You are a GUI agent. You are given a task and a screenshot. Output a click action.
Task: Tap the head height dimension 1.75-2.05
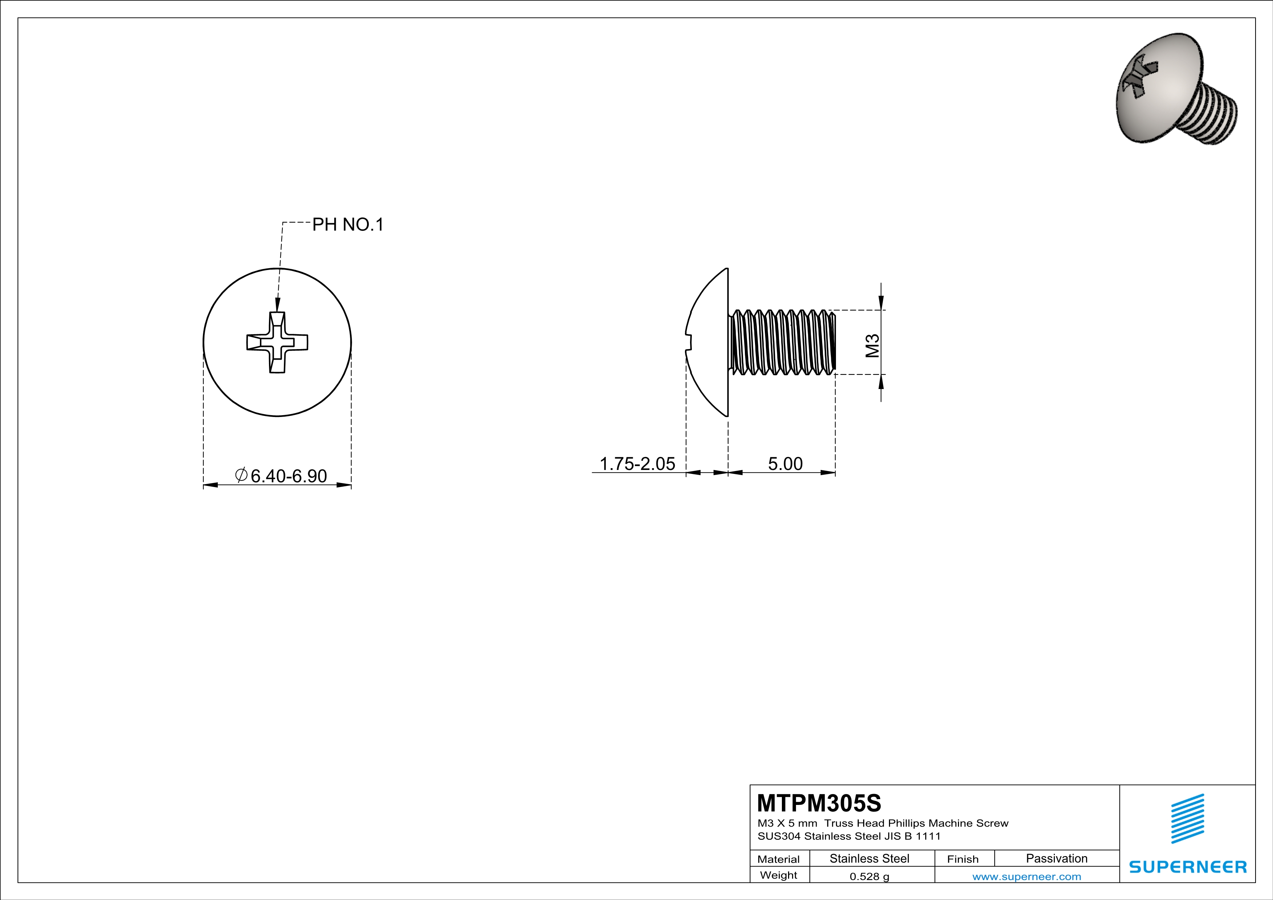click(638, 463)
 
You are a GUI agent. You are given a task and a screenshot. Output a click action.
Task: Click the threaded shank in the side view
click(783, 342)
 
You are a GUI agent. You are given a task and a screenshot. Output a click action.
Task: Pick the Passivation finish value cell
click(1056, 858)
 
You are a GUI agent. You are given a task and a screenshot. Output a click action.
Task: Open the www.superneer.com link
click(1026, 876)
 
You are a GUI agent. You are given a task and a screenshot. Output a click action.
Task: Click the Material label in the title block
click(779, 859)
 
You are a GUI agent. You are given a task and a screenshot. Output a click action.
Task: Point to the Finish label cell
click(963, 859)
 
